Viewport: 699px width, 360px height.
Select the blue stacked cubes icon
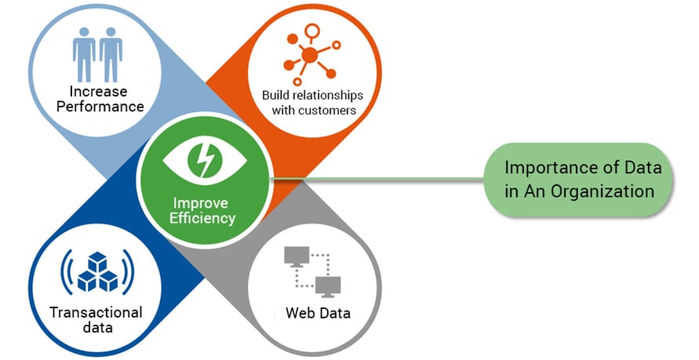pyautogui.click(x=98, y=271)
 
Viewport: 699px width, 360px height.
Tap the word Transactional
pyautogui.click(x=96, y=311)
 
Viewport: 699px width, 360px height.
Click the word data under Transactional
pyautogui.click(x=97, y=327)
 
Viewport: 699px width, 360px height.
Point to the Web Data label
pyautogui.click(x=318, y=314)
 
